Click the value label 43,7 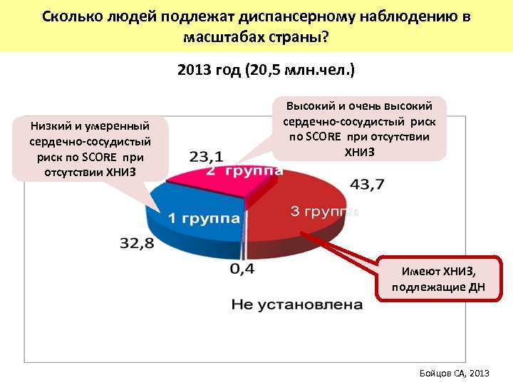coord(367,184)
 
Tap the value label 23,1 coord(207,156)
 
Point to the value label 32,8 coord(136,244)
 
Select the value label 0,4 coord(242,269)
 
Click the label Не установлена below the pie coord(296,305)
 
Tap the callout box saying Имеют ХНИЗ coord(438,279)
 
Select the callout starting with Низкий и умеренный coord(90,149)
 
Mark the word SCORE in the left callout coord(103,158)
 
